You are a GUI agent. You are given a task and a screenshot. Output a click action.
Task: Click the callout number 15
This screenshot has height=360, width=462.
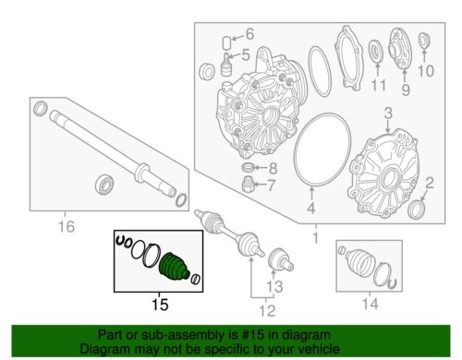tap(160, 305)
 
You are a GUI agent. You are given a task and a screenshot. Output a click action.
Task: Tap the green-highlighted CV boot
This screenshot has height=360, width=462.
tap(174, 267)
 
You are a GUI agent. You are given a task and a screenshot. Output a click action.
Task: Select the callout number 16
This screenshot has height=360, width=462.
tap(67, 227)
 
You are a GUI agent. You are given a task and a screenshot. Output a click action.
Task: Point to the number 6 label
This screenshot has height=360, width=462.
tap(249, 34)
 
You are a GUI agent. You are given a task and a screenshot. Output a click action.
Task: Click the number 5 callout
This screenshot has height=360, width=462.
tap(245, 55)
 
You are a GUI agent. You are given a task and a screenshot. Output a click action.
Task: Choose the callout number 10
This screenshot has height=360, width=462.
tap(426, 71)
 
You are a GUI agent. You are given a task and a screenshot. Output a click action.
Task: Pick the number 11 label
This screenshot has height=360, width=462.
tap(378, 85)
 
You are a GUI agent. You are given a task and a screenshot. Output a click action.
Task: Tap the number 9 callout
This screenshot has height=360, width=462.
tap(406, 90)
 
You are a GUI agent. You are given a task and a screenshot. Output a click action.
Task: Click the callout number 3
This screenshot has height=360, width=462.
tap(388, 113)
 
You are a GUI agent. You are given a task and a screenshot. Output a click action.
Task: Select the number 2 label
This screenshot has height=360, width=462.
tap(430, 183)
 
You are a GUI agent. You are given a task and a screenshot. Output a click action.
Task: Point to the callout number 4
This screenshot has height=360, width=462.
tap(311, 208)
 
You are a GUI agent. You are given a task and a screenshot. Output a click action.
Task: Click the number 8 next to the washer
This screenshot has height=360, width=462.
tap(273, 168)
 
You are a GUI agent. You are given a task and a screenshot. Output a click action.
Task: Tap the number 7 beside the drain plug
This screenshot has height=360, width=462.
tap(271, 186)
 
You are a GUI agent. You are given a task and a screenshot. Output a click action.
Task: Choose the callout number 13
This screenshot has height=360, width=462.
tap(274, 286)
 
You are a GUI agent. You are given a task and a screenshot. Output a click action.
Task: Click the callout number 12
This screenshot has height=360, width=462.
tap(267, 311)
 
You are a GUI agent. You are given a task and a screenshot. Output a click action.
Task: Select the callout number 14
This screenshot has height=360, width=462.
tap(370, 304)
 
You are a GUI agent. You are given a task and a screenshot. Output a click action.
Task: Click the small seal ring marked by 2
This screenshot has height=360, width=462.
tap(415, 210)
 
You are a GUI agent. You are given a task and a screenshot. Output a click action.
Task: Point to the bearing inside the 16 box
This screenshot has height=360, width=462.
tap(104, 185)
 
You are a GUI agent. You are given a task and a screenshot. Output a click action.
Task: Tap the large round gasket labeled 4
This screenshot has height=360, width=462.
tap(322, 150)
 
